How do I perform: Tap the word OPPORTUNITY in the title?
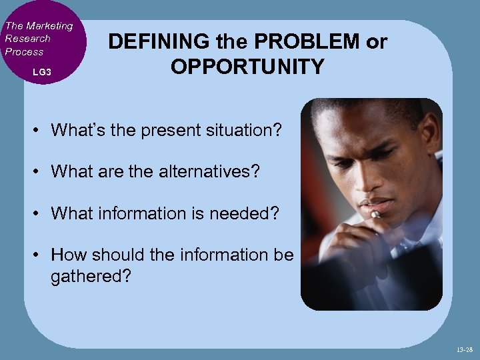tap(247, 67)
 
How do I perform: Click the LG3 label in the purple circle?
tap(41, 71)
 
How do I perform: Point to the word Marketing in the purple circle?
tap(48, 26)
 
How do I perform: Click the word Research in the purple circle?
tap(27, 39)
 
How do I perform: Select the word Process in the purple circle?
tap(24, 51)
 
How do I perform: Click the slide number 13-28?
tap(465, 349)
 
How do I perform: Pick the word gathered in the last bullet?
tap(90, 275)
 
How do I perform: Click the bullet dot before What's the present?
tap(39, 130)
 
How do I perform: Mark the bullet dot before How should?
tap(39, 255)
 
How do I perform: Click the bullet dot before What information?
tap(39, 213)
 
